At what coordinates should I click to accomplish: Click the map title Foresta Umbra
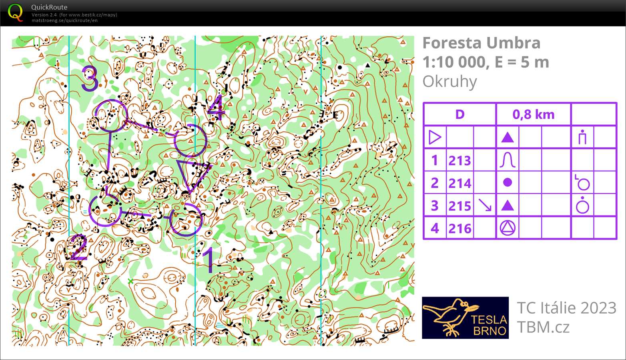click(x=481, y=43)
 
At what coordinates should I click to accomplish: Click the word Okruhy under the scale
click(x=449, y=82)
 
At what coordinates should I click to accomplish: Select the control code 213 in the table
click(x=459, y=160)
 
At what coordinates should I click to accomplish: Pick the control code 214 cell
click(x=459, y=183)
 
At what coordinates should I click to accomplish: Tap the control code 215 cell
click(x=459, y=206)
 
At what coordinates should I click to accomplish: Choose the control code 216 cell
click(x=459, y=228)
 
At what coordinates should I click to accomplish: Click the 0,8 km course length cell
click(x=533, y=114)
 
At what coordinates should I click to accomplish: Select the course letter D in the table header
click(x=459, y=114)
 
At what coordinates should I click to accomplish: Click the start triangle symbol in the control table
click(x=435, y=138)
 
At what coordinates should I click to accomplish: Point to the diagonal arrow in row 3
click(x=485, y=206)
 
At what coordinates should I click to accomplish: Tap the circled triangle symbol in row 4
click(x=508, y=228)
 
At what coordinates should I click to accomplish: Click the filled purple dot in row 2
click(x=508, y=183)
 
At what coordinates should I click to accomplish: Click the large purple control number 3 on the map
click(x=90, y=78)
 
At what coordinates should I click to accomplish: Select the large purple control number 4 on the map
click(x=216, y=107)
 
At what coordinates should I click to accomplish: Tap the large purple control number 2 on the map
click(x=78, y=248)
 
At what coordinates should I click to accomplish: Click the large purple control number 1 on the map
click(x=209, y=260)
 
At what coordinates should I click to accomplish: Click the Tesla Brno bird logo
click(x=465, y=318)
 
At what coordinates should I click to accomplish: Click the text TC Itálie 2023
click(x=566, y=308)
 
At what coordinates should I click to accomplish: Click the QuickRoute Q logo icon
click(x=15, y=12)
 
